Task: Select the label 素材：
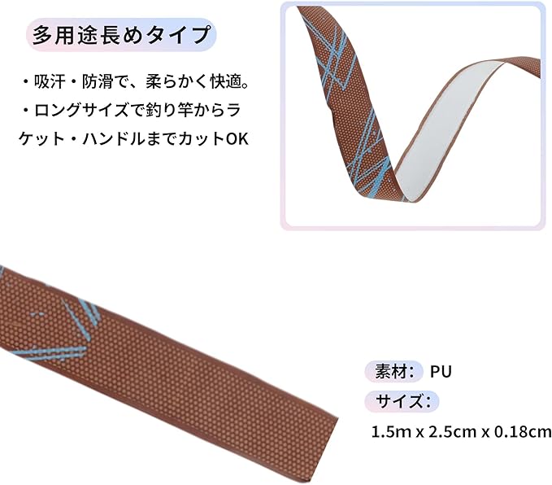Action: [394, 372]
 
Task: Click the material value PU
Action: [441, 372]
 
